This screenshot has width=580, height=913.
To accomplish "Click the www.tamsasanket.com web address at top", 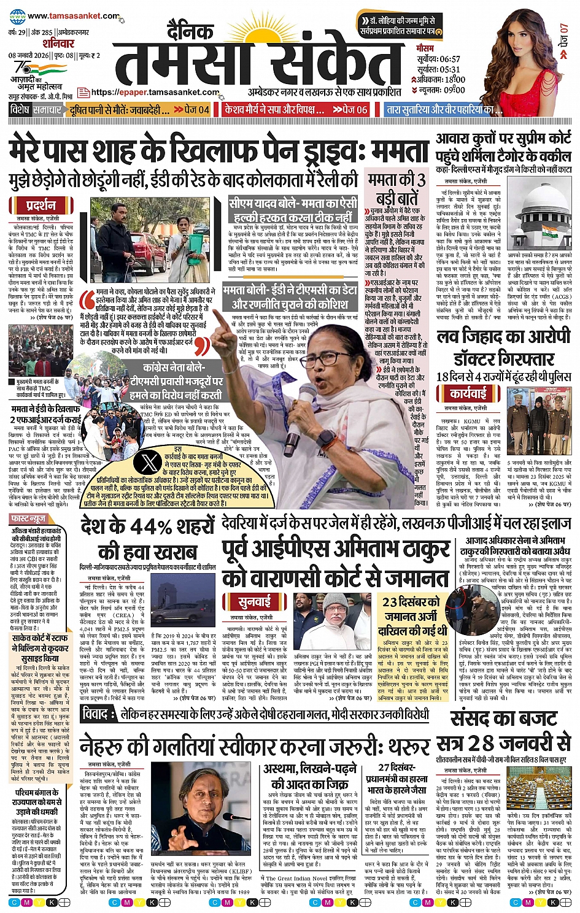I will click(x=72, y=16).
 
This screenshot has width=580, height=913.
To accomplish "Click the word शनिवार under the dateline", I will click(x=58, y=44).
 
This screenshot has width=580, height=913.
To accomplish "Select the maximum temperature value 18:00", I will click(x=454, y=79).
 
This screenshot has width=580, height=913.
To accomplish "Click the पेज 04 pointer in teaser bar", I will click(x=191, y=110).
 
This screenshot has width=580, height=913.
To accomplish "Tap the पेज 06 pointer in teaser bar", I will click(x=350, y=110).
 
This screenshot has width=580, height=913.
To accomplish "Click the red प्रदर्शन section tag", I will click(x=42, y=205).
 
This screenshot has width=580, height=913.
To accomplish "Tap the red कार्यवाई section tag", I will click(x=468, y=393).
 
